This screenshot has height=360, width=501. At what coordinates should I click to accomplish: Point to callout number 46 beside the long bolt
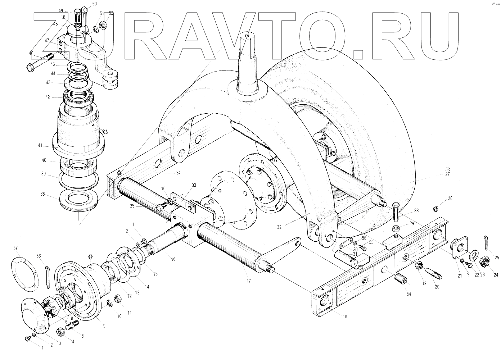(31, 54)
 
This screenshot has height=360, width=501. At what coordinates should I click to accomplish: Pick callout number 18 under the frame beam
(344, 317)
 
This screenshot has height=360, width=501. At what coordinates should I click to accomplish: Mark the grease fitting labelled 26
(436, 208)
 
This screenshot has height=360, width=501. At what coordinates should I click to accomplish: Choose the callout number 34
(178, 173)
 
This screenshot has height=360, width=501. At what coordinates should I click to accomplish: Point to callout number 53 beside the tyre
(447, 169)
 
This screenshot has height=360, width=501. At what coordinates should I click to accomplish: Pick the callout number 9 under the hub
(104, 326)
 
